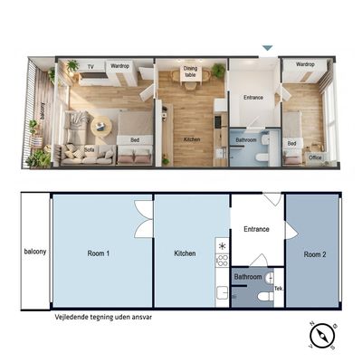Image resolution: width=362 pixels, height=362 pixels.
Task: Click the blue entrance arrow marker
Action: click(267, 48)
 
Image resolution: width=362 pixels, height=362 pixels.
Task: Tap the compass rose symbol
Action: click(322, 337)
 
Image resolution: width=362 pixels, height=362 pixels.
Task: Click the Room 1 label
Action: click(99, 253)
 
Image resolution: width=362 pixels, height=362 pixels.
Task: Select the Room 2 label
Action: click(315, 254)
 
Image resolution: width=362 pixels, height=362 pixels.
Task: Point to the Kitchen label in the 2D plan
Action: click(185, 253)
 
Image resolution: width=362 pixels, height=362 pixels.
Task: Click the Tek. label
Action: click(279, 289)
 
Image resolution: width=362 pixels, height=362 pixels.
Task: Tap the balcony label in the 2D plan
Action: click(35, 252)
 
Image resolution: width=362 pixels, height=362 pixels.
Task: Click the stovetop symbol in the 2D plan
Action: click(222, 261)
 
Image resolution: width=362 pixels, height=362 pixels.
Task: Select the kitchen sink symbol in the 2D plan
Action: click(222, 292)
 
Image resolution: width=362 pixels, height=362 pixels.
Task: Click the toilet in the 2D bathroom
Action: click(265, 297)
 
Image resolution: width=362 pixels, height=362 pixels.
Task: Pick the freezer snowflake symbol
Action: click(223, 246)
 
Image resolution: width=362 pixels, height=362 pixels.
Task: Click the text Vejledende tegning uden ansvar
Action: click(103, 317)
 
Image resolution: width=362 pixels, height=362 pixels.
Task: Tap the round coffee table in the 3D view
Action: click(100, 127)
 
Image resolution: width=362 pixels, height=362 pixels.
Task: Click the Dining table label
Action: click(190, 71)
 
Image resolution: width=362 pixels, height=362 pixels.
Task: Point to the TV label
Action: click(90, 67)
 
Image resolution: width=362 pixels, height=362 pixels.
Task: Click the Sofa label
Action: click(90, 150)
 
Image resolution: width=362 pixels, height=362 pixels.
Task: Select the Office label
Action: click(315, 157)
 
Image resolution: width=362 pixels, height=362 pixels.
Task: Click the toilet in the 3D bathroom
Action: click(262, 157)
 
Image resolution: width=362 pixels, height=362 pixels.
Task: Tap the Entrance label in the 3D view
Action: click(253, 98)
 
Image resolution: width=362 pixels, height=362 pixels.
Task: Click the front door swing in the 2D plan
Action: click(273, 198)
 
